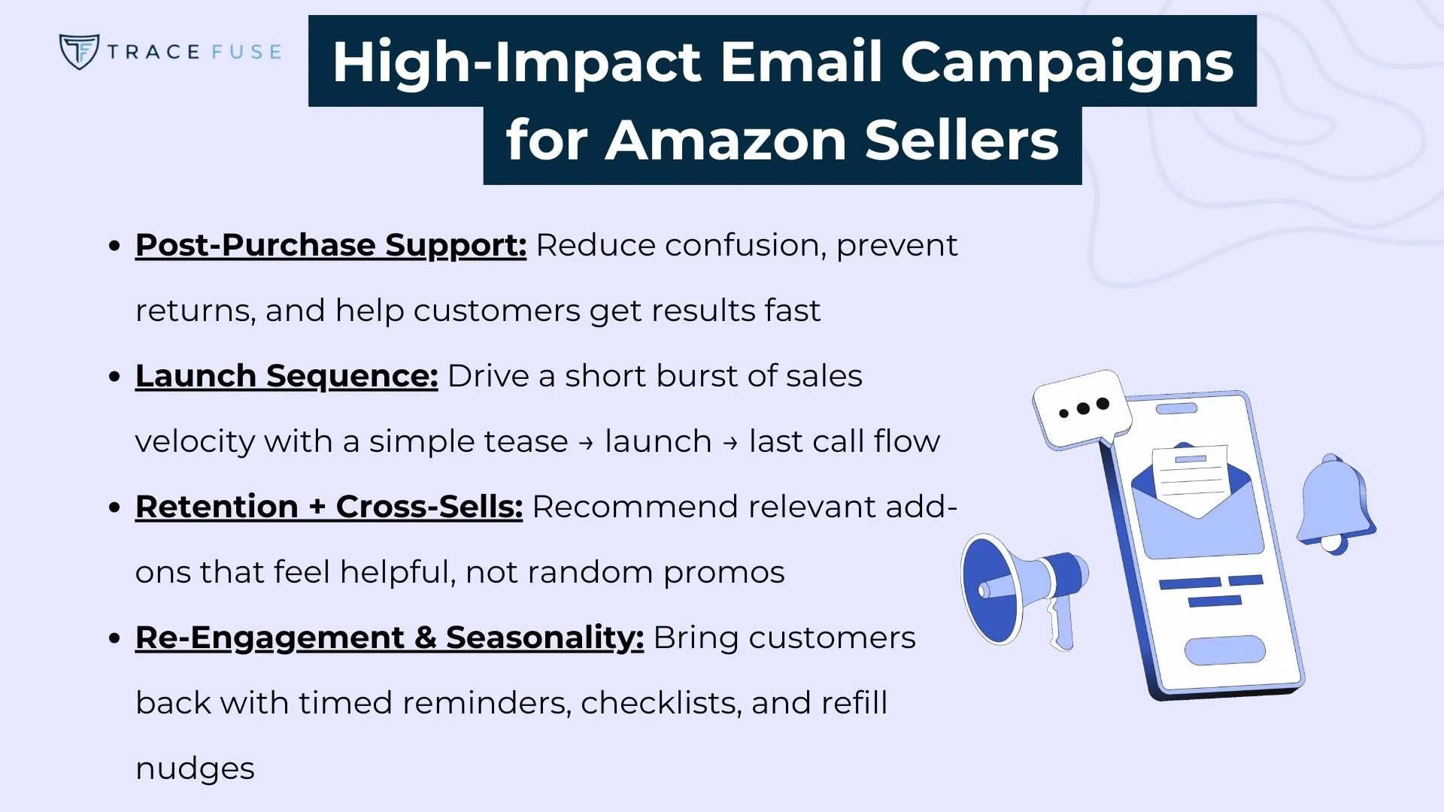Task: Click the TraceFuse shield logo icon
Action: [x=78, y=51]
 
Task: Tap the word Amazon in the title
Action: [x=725, y=141]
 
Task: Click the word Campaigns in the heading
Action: [x=1066, y=62]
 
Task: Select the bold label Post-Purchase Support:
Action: [x=331, y=246]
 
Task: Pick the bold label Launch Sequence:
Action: [x=287, y=376]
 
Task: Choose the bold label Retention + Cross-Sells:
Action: [x=329, y=507]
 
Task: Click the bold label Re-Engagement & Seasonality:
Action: [x=390, y=638]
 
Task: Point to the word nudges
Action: [x=195, y=768]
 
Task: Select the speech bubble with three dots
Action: [x=1081, y=409]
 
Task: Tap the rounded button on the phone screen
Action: [x=1224, y=650]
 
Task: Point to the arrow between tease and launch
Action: [x=586, y=443]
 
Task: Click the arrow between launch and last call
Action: [x=730, y=443]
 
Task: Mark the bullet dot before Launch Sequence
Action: [x=114, y=377]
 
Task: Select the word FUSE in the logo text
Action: [x=246, y=52]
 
